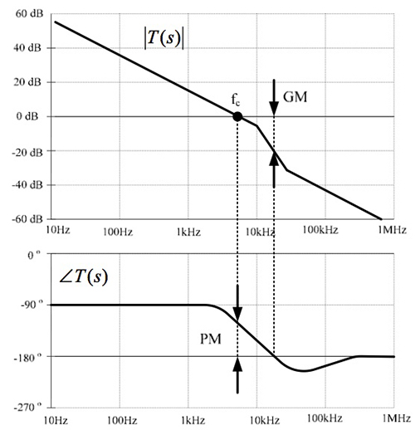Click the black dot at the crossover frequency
point(237,117)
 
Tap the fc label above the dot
point(236,100)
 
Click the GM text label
point(295,96)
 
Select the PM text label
point(210,340)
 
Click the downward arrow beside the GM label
point(274,93)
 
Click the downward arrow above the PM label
point(237,301)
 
